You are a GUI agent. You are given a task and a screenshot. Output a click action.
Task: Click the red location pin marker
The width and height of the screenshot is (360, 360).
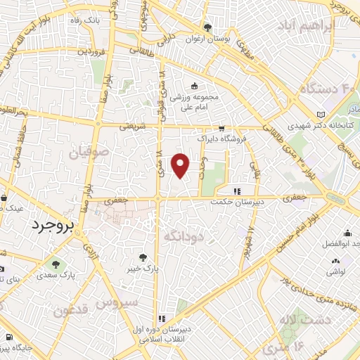[181, 165]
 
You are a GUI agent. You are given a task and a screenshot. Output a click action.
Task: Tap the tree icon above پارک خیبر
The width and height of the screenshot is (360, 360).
[143, 257]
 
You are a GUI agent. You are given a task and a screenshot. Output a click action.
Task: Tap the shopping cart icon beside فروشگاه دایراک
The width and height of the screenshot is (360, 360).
[222, 129]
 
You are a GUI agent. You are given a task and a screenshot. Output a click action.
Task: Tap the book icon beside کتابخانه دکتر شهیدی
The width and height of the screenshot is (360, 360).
[322, 114]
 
